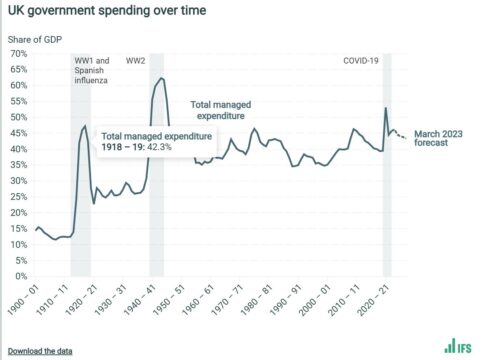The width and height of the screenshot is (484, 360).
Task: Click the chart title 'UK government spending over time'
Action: (107, 10)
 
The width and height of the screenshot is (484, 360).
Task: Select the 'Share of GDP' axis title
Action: (35, 40)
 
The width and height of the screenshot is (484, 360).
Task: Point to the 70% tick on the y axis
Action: (19, 53)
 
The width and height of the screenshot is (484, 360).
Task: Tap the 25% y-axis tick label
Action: (19, 197)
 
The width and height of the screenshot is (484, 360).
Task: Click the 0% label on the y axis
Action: (21, 276)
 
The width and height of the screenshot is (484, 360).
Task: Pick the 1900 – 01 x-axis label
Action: (24, 300)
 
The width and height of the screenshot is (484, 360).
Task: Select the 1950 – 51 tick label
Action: (169, 300)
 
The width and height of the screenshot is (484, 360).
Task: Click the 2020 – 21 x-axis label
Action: (373, 300)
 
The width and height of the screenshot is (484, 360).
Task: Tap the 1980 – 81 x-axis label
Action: (257, 300)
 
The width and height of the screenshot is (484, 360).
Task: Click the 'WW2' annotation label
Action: (135, 61)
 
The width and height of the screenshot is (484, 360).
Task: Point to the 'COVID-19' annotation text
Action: (361, 61)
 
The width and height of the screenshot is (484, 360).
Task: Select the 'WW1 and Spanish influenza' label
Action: (92, 70)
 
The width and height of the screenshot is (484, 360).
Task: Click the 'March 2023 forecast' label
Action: (438, 138)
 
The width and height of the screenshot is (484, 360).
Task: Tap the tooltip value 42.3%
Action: (159, 147)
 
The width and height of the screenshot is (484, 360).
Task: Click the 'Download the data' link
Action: (40, 351)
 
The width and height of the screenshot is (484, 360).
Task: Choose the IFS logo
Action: (458, 346)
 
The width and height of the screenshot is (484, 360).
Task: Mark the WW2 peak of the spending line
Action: (162, 78)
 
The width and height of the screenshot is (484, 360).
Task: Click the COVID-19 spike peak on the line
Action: (386, 108)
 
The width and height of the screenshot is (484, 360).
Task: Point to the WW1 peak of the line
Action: (85, 126)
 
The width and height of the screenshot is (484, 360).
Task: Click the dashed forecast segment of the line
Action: (400, 135)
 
